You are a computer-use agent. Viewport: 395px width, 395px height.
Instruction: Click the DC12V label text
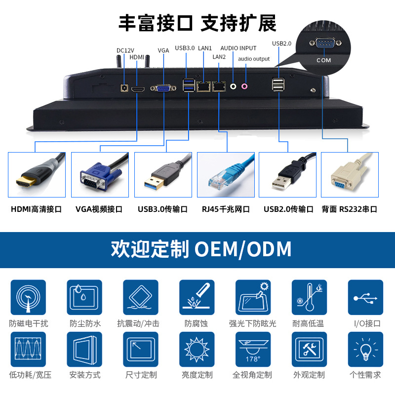125,50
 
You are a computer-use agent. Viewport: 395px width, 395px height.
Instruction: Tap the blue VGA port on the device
163,88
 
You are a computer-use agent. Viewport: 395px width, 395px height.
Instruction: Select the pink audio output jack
244,86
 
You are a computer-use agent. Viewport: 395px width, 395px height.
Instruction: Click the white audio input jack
233,86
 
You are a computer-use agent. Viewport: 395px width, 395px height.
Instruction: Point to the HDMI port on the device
138,89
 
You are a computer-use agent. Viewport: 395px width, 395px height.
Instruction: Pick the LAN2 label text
219,57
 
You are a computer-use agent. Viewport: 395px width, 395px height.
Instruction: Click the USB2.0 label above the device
281,43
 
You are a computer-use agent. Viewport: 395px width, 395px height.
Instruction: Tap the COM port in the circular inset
325,43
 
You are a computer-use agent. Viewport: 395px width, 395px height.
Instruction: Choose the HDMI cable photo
37,175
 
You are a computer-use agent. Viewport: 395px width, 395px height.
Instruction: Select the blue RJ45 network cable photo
226,175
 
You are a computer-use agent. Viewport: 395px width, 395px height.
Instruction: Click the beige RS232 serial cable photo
350,175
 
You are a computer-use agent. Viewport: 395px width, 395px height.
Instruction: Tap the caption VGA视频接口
99,209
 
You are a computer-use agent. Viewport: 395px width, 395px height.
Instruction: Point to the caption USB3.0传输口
162,209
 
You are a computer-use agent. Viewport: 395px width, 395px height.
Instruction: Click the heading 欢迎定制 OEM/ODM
201,249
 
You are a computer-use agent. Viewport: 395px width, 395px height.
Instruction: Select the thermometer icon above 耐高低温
310,297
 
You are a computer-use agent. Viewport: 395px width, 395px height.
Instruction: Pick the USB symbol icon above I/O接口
365,297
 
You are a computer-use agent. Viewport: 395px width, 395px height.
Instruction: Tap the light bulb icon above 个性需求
365,349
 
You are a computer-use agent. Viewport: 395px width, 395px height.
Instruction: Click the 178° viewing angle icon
253,349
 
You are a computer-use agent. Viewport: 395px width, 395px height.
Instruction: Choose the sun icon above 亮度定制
197,349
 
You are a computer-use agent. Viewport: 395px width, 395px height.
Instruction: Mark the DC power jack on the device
124,88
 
